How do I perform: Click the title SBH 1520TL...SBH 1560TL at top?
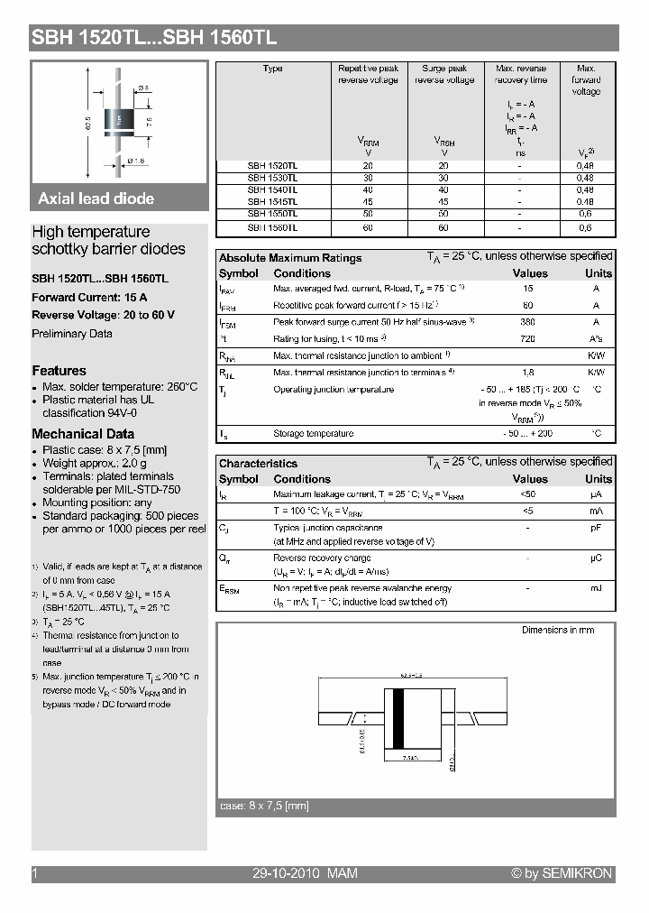point(154,38)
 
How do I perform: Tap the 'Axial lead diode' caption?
point(96,198)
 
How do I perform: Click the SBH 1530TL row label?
point(272,178)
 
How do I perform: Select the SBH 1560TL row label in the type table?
point(272,227)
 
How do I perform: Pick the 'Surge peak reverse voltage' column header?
point(444,74)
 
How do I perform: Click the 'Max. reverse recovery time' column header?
point(521,74)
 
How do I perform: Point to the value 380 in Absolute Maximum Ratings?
point(528,322)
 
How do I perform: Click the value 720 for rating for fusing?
point(528,338)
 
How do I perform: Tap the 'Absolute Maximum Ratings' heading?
point(290,258)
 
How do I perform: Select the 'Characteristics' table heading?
point(258,463)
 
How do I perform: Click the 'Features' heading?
point(59,371)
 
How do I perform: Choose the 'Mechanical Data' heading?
point(83,434)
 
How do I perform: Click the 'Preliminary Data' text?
point(72,334)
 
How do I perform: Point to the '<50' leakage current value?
point(528,495)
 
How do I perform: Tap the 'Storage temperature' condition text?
point(314,434)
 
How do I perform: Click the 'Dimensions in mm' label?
point(558,630)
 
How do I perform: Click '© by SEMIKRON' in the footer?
point(562,873)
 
